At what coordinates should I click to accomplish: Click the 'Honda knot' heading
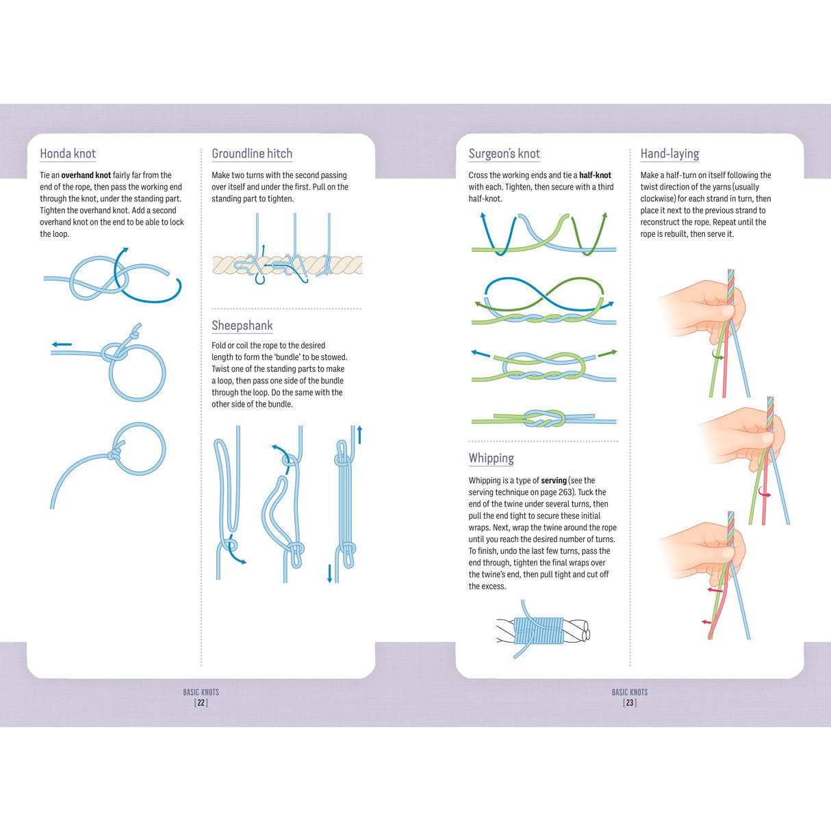tap(68, 154)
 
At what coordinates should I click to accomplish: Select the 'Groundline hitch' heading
tap(252, 154)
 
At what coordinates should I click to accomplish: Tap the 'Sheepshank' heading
tap(242, 326)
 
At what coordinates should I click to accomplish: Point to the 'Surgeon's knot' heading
tap(504, 154)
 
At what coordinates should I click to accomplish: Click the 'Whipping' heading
tap(491, 459)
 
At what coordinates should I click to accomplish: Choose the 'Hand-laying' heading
tap(669, 154)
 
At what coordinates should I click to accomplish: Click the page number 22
tap(201, 703)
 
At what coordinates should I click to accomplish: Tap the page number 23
tap(630, 703)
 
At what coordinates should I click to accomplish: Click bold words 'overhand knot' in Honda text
tap(86, 175)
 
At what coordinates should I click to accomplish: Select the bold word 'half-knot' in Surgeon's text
tap(595, 175)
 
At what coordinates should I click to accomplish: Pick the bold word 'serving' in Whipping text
tap(554, 481)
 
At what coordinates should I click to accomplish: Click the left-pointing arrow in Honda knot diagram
tap(62, 344)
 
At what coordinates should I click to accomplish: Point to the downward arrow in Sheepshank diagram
tap(329, 573)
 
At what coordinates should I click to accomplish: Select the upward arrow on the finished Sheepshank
tap(359, 435)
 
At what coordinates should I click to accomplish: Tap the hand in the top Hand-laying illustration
tap(698, 308)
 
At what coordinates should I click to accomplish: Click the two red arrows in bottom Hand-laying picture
tap(711, 606)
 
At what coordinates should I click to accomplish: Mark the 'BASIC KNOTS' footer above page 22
tap(201, 692)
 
